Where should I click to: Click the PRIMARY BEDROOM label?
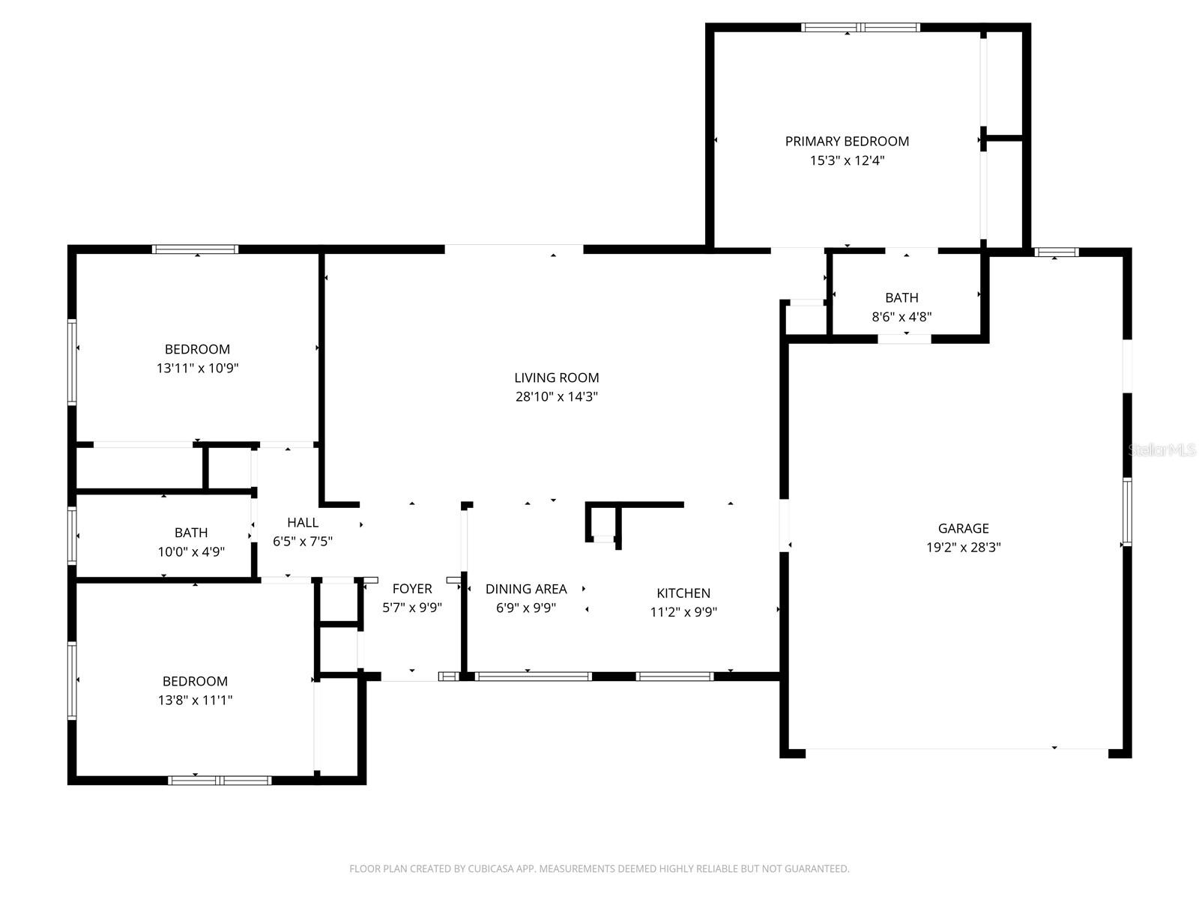click(847, 141)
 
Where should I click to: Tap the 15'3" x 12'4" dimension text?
click(847, 160)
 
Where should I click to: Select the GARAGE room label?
click(963, 528)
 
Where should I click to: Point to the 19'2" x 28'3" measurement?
click(963, 548)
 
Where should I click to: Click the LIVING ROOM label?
click(556, 378)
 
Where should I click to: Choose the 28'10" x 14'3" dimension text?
click(556, 397)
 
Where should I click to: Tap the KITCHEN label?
click(683, 593)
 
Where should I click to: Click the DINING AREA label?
click(526, 589)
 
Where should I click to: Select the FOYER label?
click(411, 589)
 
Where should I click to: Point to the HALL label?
click(303, 522)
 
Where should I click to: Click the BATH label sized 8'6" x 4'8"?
click(901, 297)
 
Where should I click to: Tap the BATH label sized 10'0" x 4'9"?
click(191, 533)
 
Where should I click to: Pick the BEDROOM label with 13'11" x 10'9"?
click(197, 349)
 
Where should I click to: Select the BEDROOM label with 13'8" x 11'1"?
click(195, 681)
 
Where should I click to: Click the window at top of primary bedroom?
click(860, 28)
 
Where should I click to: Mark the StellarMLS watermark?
click(1162, 450)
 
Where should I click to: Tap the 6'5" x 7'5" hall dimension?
click(303, 541)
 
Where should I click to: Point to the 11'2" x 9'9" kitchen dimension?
click(683, 612)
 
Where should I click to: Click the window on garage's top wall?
click(1057, 252)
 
